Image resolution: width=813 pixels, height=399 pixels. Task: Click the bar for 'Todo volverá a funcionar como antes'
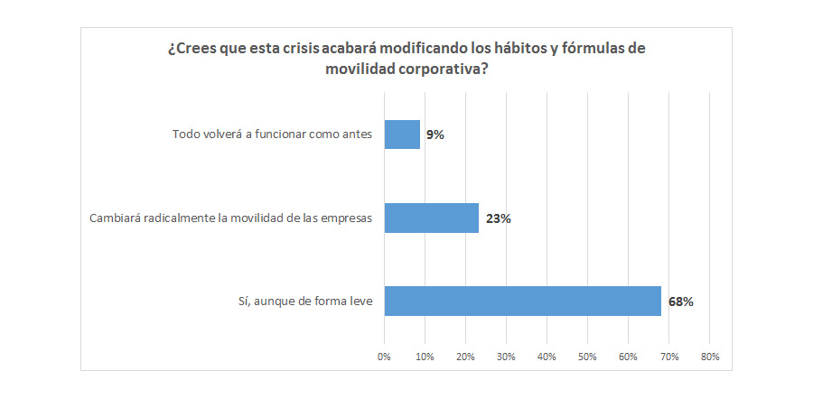pos(402,135)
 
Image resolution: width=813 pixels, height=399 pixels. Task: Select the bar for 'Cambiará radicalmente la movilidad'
pos(431,218)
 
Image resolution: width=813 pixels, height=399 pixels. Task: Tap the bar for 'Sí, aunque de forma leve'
pos(522,301)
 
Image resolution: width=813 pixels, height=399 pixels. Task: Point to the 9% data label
pos(435,135)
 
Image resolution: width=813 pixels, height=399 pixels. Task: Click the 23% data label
pos(498,218)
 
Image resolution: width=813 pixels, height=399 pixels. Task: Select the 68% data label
pos(680,302)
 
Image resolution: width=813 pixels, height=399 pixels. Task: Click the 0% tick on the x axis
pos(384,357)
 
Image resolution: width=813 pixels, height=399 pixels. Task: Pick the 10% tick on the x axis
pos(425,357)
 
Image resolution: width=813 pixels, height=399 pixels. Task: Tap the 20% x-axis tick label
pos(465,357)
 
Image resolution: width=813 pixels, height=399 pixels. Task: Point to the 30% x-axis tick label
pos(506,357)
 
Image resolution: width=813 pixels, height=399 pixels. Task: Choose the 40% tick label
pos(547,357)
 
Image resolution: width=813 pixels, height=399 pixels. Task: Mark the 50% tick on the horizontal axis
pos(587,357)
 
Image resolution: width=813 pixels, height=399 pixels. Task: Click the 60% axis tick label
pos(628,357)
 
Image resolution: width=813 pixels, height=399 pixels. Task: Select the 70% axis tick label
pos(668,357)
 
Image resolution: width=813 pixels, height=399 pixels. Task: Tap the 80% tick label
pos(709,357)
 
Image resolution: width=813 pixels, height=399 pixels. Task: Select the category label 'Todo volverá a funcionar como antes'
pos(272,135)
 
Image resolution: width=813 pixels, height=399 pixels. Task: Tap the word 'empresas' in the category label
pos(347,218)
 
